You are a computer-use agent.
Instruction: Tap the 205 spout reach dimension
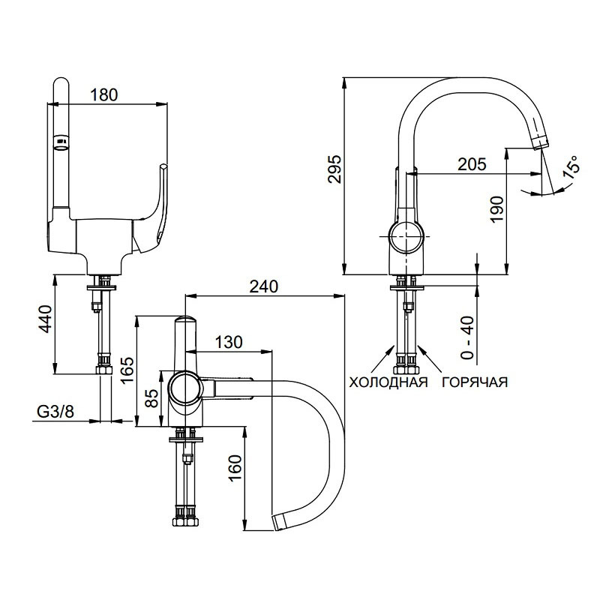pyautogui.click(x=471, y=163)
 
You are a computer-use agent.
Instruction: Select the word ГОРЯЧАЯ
pyautogui.click(x=474, y=382)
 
